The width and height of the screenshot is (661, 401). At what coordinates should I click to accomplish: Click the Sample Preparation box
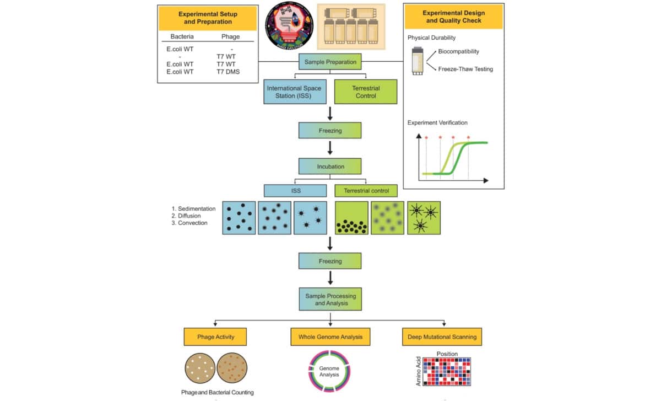(x=330, y=61)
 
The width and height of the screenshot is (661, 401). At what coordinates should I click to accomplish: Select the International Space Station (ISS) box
(x=294, y=92)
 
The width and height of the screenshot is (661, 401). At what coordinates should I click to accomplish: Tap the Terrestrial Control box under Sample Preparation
(x=366, y=92)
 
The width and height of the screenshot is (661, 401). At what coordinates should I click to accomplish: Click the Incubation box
(x=330, y=166)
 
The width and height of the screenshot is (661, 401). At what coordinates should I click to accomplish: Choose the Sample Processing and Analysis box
(x=330, y=300)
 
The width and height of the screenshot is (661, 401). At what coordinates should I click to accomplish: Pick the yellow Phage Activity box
(x=215, y=336)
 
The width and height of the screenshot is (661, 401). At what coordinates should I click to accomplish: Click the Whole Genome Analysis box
(x=330, y=336)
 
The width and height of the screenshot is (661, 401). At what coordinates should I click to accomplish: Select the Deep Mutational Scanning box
(x=442, y=336)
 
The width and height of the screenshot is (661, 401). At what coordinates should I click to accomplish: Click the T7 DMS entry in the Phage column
(x=229, y=71)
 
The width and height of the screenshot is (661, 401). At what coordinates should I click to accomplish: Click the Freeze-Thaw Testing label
(x=465, y=69)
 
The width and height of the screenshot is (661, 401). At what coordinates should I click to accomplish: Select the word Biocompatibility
(x=458, y=51)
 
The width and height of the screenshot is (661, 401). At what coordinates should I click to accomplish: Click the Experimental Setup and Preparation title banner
(x=205, y=17)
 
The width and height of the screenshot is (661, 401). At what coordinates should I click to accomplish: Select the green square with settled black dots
(x=351, y=218)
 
